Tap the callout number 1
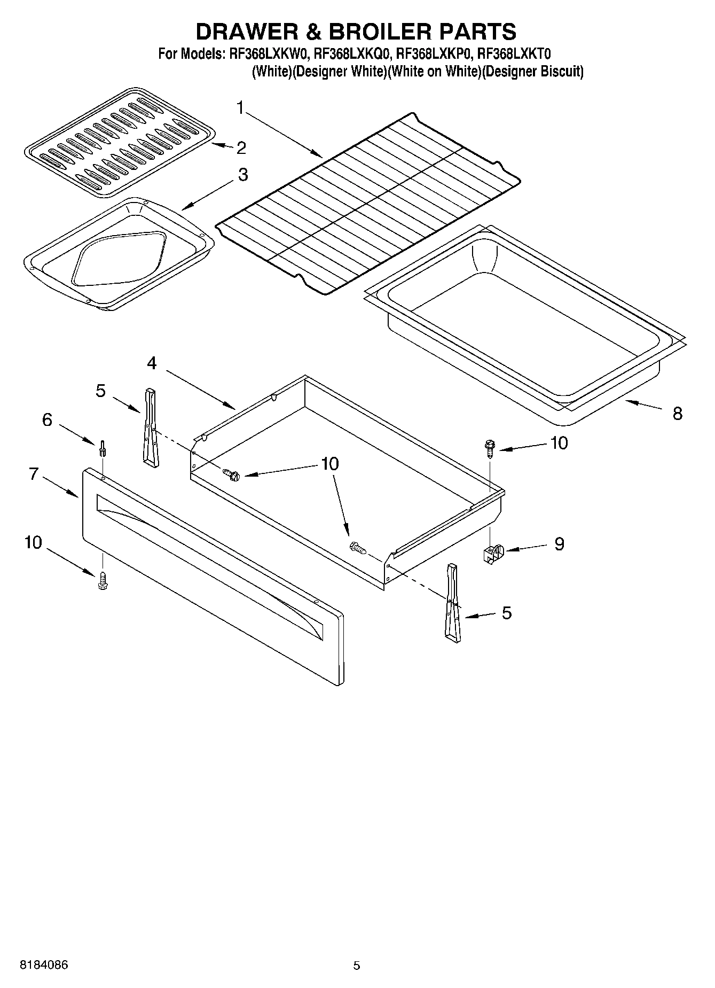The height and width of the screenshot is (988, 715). point(240,108)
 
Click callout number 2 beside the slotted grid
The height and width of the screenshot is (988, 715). point(241,148)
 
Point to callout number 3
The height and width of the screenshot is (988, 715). point(243,175)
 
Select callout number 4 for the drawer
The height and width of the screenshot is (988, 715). point(152,363)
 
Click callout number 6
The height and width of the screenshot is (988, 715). point(47,420)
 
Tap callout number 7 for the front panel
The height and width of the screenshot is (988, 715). point(34,473)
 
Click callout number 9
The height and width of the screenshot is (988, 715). point(559,544)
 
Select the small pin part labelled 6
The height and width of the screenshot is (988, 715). point(102,449)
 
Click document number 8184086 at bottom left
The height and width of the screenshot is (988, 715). point(44,965)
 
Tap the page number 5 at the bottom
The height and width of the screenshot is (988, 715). point(356,966)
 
